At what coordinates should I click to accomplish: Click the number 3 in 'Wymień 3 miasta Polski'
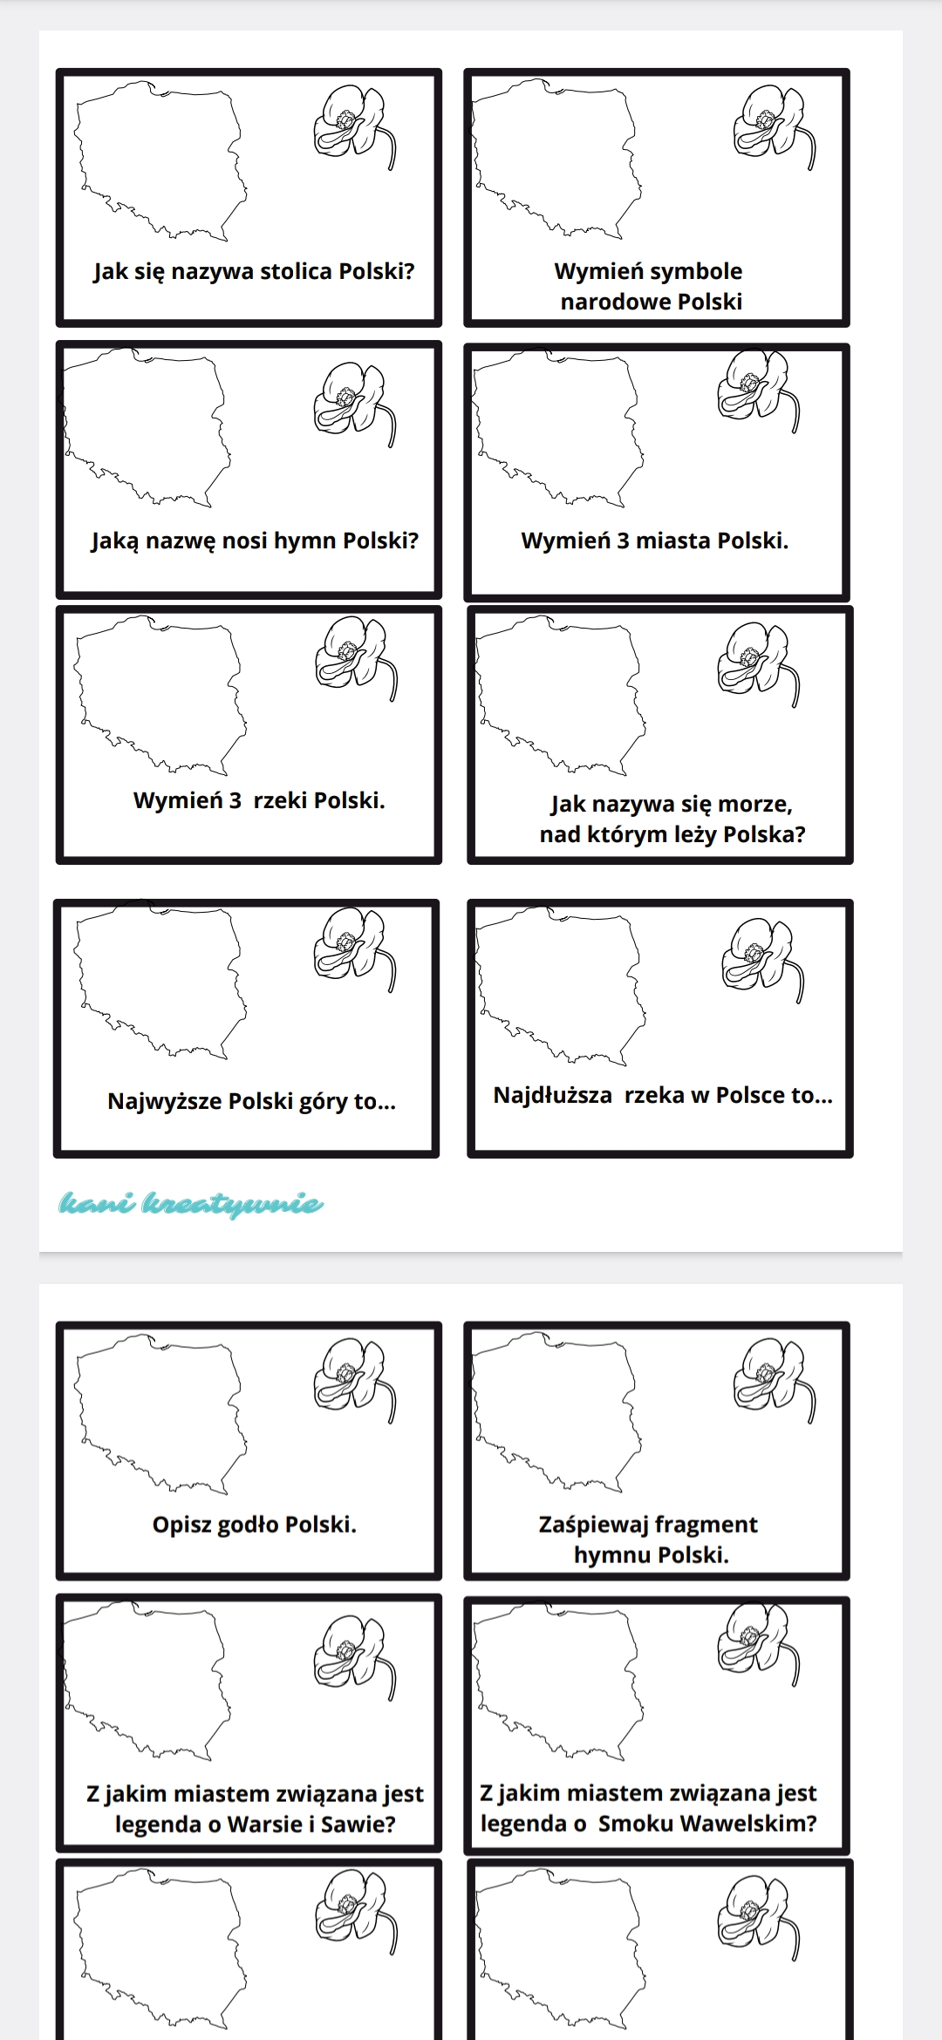pyautogui.click(x=623, y=541)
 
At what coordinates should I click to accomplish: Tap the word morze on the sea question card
pyautogui.click(x=754, y=804)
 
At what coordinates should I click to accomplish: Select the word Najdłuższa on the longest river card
pyautogui.click(x=553, y=1096)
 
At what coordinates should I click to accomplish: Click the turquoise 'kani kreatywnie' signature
pyautogui.click(x=191, y=1204)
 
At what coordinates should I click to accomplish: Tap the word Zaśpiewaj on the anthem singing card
pyautogui.click(x=593, y=1525)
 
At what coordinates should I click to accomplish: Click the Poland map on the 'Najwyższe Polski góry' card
pyautogui.click(x=160, y=980)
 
